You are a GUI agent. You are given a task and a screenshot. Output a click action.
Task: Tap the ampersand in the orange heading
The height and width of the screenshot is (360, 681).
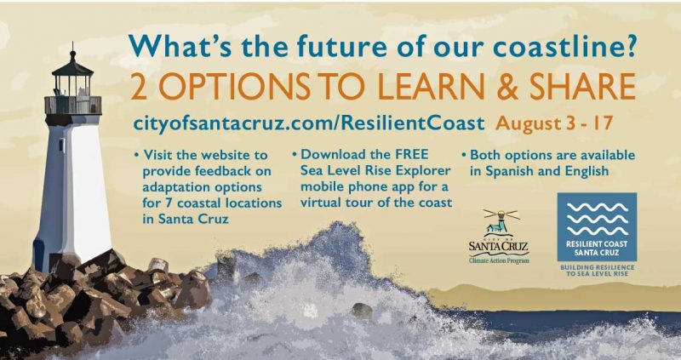coord(506,87)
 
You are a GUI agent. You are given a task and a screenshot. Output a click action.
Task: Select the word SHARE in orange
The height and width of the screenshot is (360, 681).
coord(582,87)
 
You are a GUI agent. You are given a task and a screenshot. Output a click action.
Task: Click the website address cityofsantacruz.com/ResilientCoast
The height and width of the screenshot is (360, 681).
coord(309,123)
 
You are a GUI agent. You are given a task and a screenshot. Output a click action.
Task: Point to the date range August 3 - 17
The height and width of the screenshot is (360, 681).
coord(555,123)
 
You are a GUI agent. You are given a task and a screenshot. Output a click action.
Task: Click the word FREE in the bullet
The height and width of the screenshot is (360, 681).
coord(410,154)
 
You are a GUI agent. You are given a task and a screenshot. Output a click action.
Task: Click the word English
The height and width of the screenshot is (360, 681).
coord(587,172)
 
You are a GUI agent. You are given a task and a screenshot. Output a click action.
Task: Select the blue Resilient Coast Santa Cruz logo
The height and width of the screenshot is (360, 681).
coord(598,227)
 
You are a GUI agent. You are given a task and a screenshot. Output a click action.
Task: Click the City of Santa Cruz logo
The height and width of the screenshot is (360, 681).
coord(500,237)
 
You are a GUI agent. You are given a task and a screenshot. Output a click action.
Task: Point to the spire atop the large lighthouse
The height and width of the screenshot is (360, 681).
coord(72,51)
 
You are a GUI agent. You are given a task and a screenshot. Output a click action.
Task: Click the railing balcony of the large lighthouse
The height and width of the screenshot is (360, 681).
coord(73,106)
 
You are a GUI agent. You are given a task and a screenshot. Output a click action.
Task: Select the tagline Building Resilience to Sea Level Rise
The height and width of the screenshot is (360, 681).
coord(598,270)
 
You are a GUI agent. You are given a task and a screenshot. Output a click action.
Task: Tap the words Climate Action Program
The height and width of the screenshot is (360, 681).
coord(500,260)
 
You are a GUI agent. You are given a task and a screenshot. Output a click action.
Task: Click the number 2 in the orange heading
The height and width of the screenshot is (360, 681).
coord(139,87)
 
